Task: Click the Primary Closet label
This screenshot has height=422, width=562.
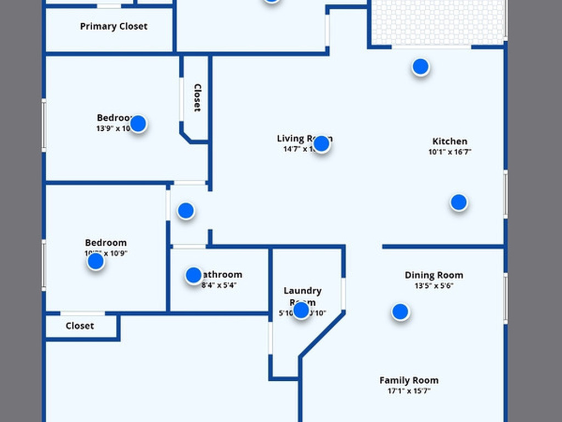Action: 114,26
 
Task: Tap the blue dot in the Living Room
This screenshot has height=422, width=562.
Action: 321,144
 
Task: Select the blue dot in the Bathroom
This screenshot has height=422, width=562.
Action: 193,275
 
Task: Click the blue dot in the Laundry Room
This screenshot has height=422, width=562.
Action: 301,310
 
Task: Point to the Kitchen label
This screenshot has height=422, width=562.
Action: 449,141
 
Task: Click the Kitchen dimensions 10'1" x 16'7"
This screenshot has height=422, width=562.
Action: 449,152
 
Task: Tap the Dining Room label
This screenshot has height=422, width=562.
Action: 434,275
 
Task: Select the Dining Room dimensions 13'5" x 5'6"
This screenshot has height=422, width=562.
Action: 434,286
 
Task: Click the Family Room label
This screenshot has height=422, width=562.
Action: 409,380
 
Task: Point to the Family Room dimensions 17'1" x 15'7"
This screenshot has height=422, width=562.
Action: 409,391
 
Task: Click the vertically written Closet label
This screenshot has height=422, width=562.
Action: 197,98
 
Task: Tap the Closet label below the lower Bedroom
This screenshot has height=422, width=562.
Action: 80,326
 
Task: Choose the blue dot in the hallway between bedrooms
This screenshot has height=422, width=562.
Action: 186,210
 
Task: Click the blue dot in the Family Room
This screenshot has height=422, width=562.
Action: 400,312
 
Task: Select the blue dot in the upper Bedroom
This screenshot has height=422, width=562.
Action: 138,124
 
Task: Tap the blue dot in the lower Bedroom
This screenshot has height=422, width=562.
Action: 95,262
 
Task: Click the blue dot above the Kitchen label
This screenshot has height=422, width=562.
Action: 420,67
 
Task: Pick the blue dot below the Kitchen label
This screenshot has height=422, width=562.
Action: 459,202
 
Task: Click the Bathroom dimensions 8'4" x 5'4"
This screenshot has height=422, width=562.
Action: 219,285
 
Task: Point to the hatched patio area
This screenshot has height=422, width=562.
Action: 437,22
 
